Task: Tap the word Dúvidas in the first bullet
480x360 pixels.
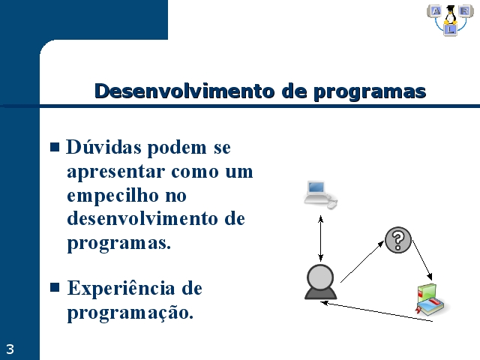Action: (104, 147)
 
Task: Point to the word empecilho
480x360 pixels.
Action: (112, 196)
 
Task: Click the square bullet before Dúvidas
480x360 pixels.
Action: (55, 147)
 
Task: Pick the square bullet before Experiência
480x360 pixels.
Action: (55, 287)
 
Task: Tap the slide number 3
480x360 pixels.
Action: (10, 349)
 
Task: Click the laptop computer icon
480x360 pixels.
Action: (320, 195)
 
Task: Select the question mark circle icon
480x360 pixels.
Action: (398, 240)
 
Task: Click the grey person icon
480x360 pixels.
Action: (320, 282)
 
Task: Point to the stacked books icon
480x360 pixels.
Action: (430, 300)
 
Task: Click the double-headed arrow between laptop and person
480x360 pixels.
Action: (320, 238)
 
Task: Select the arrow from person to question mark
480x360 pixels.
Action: (362, 261)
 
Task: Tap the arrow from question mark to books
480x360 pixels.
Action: (422, 260)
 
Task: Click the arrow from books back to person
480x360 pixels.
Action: (376, 312)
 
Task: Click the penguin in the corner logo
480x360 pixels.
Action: (450, 15)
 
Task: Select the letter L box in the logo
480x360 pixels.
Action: (450, 30)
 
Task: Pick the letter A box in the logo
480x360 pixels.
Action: (435, 11)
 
